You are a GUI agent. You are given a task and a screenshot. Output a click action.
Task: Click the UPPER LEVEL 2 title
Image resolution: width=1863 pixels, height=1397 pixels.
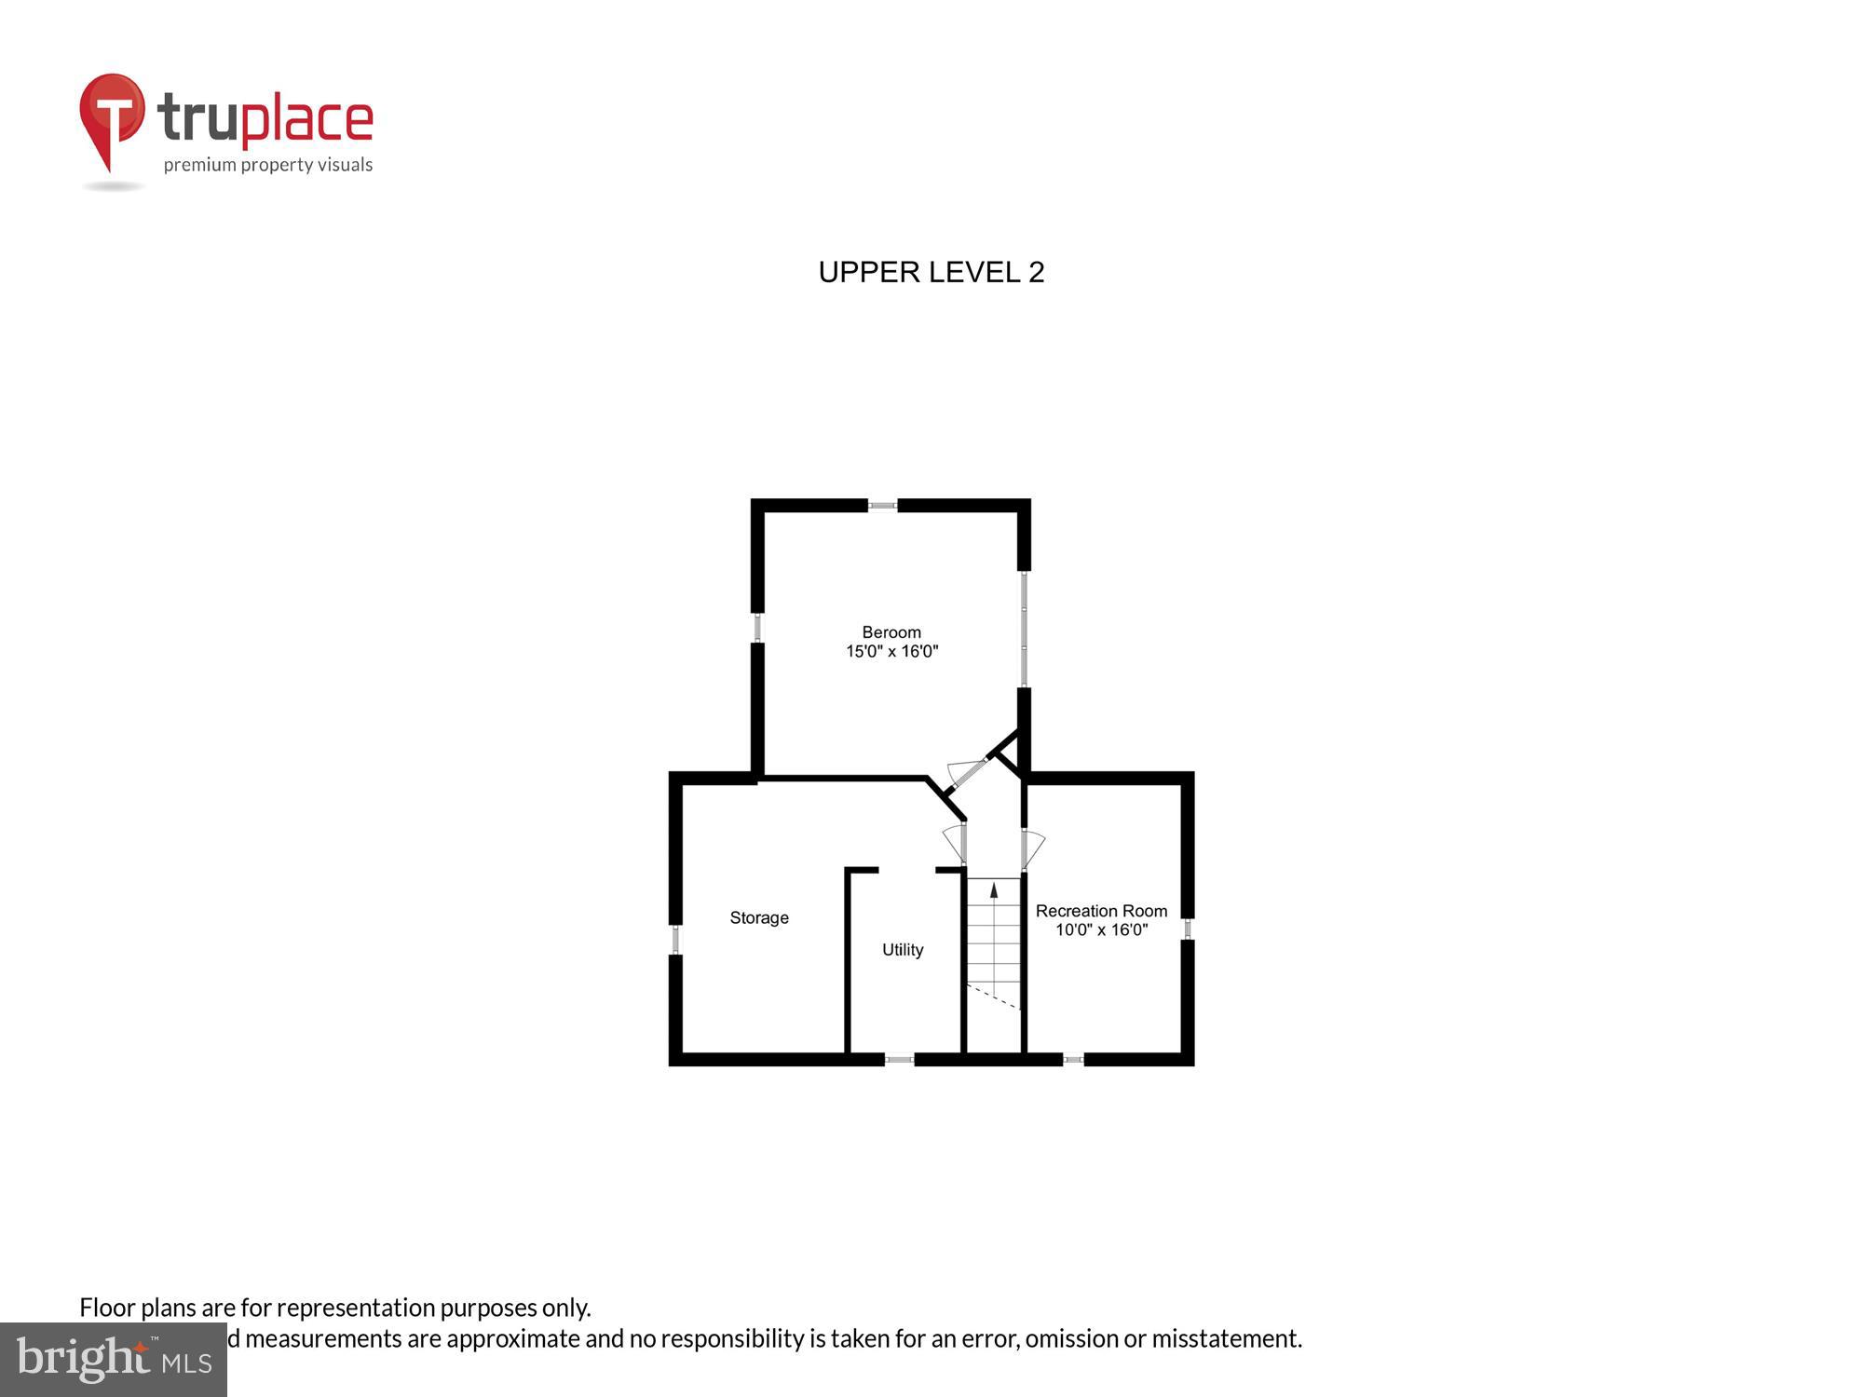pos(931,272)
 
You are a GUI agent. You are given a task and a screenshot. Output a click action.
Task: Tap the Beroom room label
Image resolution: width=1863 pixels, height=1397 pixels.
pos(891,632)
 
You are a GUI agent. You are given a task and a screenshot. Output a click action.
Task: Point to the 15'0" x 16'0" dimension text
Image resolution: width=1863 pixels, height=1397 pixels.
pos(891,652)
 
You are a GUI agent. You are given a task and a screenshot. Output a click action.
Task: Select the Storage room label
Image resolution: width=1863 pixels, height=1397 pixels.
pos(759,918)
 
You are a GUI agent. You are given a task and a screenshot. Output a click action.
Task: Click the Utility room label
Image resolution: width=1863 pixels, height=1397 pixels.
pos(903,950)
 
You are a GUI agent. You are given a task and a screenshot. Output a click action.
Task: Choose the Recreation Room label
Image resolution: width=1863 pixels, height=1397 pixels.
pos(1101,911)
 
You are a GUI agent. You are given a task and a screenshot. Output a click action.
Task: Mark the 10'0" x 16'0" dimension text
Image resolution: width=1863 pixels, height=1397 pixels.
pos(1101,929)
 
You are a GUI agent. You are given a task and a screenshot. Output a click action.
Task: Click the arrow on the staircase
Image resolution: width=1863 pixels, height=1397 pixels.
pos(994,890)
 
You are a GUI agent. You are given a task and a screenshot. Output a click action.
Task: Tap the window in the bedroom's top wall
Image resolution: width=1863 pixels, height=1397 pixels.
pos(883,506)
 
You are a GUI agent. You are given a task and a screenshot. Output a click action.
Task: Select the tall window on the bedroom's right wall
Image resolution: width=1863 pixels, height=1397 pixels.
pos(1024,629)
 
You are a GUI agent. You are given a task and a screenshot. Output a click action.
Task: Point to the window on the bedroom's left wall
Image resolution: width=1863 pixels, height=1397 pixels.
pos(758,628)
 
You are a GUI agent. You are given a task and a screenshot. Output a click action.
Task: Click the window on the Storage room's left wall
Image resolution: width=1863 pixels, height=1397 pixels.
pos(676,939)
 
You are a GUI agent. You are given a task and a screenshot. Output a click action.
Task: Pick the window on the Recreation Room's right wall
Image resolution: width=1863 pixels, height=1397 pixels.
pos(1188,929)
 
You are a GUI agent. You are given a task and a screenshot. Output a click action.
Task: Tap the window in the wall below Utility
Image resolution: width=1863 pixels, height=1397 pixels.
pos(899,1059)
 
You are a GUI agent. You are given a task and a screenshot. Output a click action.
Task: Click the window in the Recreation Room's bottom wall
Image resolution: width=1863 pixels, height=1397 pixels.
pos(1073,1059)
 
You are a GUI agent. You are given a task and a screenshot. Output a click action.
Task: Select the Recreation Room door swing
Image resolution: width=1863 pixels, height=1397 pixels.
pos(1032,848)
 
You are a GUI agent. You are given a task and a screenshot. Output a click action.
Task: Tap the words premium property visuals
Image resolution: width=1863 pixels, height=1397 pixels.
pos(268,166)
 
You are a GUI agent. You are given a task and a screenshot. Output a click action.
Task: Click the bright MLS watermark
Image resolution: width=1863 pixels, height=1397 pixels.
pos(114,1360)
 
